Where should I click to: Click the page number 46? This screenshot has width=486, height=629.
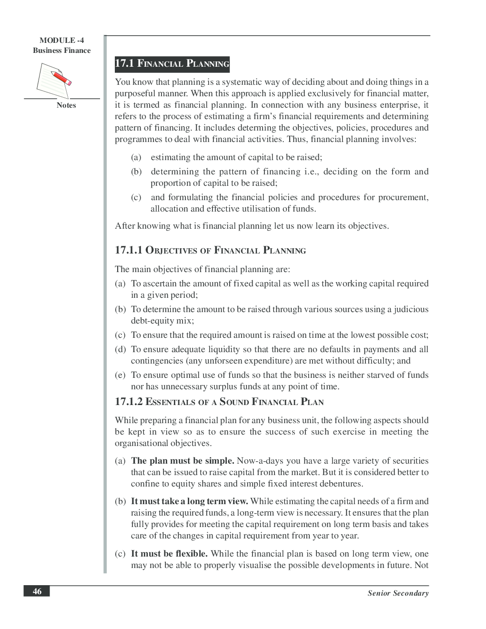click(37, 591)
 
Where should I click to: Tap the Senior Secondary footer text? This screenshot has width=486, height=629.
click(398, 593)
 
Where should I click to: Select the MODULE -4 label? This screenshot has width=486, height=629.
click(61, 41)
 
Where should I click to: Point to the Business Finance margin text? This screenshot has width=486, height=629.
click(61, 51)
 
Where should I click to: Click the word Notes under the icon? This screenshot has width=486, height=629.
click(66, 105)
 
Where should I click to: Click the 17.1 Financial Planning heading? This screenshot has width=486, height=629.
click(172, 63)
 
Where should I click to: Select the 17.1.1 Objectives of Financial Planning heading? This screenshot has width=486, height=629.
click(210, 250)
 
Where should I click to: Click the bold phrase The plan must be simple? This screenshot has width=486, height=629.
click(182, 461)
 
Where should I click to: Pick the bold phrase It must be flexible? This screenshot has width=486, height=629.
click(169, 554)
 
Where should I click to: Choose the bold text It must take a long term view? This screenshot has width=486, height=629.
click(189, 501)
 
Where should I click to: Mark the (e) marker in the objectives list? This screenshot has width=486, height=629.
click(120, 375)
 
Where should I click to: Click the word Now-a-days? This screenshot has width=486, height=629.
click(261, 461)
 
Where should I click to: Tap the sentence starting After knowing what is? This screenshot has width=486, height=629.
click(252, 226)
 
